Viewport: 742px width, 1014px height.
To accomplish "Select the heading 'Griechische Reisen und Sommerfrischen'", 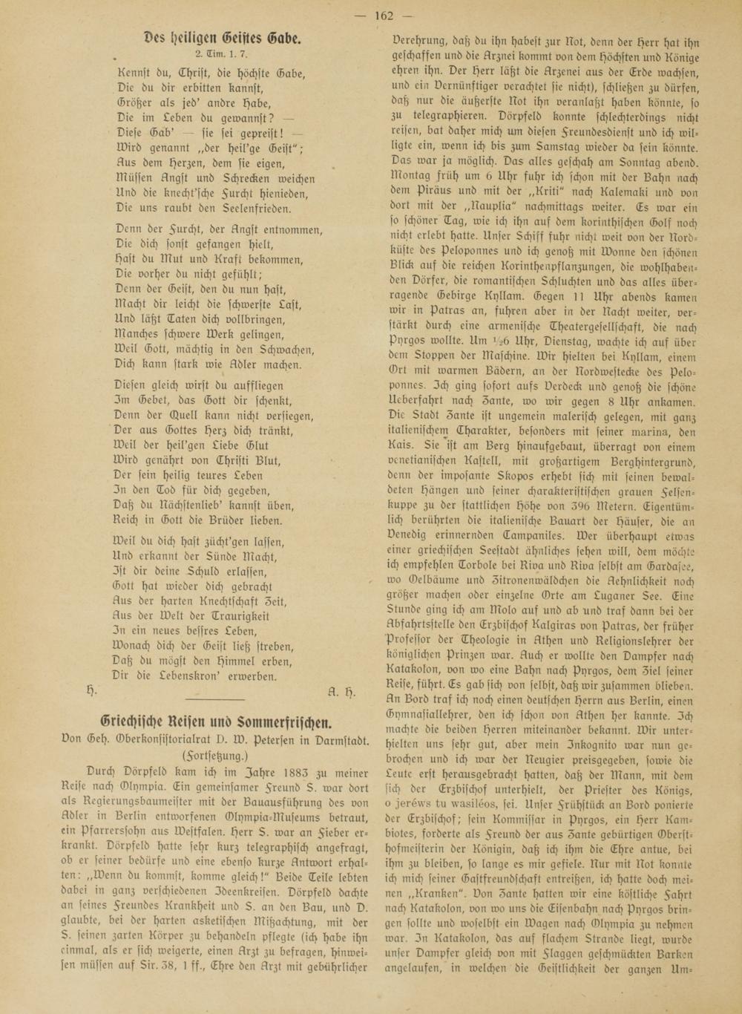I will point(216,722).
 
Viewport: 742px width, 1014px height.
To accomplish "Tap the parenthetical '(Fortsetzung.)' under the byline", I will point(216,755).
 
